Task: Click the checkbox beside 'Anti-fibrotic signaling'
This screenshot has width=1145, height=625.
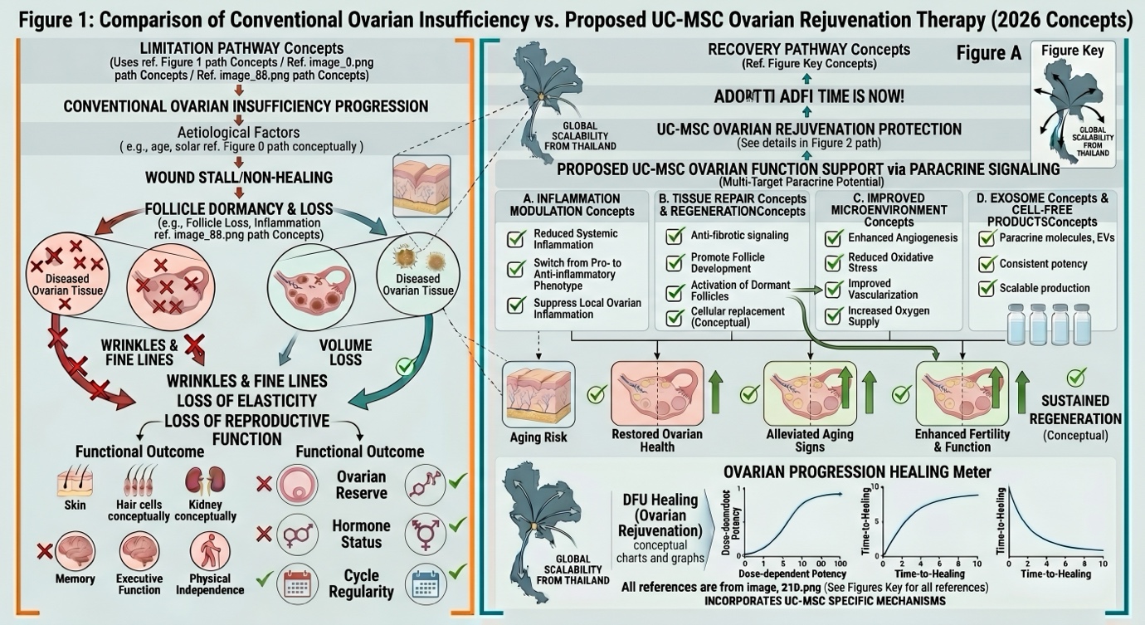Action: point(675,237)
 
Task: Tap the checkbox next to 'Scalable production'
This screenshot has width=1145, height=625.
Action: point(987,289)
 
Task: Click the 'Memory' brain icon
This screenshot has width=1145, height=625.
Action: point(76,551)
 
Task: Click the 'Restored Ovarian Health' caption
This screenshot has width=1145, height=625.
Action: point(656,441)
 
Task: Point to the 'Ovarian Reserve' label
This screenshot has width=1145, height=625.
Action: point(361,485)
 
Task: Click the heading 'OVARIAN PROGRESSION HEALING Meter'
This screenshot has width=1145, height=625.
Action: point(857,471)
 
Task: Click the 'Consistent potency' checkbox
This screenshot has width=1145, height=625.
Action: point(987,264)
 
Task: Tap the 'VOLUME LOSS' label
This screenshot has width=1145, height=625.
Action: point(345,352)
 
